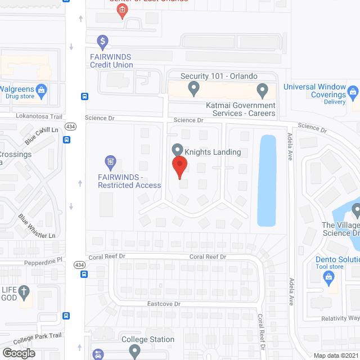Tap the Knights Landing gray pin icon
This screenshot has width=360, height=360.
pyautogui.click(x=177, y=150)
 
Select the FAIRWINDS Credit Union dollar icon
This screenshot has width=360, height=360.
pyautogui.click(x=102, y=41)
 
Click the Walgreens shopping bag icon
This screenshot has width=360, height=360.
pyautogui.click(x=41, y=89)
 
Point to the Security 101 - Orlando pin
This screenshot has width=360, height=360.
pyautogui.click(x=193, y=88)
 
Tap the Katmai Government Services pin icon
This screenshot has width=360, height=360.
pyautogui.click(x=262, y=89)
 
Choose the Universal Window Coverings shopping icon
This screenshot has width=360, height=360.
pyautogui.click(x=353, y=91)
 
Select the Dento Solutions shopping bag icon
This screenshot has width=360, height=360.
pyautogui.click(x=329, y=276)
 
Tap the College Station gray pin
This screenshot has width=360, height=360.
pyautogui.click(x=134, y=352)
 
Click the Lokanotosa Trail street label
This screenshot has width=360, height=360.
pyautogui.click(x=38, y=116)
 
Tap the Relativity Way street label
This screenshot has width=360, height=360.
pyautogui.click(x=340, y=318)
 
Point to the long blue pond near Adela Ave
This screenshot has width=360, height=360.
pyautogui.click(x=267, y=180)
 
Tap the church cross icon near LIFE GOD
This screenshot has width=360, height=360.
pyautogui.click(x=24, y=291)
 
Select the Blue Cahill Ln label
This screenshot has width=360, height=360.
pyautogui.click(x=42, y=136)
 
